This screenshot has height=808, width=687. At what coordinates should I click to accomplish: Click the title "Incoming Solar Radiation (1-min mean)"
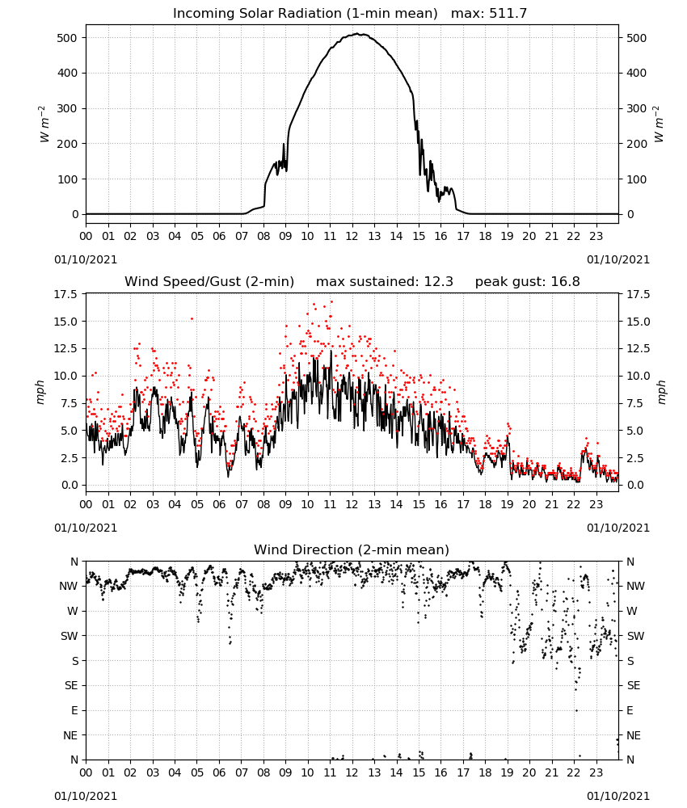[305, 14]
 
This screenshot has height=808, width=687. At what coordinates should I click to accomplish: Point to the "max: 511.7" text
[489, 14]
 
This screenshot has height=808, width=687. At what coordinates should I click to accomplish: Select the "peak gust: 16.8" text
[527, 282]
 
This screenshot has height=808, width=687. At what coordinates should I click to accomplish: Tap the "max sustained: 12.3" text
[385, 282]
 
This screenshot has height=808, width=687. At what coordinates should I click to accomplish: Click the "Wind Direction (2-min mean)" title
[352, 549]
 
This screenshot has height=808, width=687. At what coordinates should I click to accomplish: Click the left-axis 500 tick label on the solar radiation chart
[67, 38]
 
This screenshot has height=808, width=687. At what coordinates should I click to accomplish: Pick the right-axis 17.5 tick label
[638, 295]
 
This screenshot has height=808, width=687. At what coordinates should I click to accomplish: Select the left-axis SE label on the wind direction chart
[71, 686]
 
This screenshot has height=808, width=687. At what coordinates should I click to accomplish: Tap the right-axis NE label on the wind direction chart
[634, 736]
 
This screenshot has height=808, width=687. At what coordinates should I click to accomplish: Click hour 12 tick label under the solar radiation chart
[352, 237]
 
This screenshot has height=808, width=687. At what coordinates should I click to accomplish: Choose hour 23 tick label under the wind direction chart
[596, 772]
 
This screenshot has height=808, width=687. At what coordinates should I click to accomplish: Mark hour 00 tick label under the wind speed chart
[86, 504]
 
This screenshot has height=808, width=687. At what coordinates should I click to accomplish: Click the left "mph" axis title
[40, 392]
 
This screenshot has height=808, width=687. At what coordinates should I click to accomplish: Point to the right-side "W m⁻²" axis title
[659, 124]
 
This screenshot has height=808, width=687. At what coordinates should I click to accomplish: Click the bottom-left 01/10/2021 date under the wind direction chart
[86, 796]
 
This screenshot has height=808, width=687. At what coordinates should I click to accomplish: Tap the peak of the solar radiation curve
[360, 34]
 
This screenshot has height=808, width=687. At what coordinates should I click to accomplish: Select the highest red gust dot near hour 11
[331, 302]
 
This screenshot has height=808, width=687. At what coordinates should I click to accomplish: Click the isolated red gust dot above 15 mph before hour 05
[192, 319]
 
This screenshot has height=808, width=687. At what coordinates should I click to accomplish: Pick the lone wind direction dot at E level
[576, 710]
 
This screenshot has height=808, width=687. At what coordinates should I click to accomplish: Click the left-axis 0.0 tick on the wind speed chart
[69, 486]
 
